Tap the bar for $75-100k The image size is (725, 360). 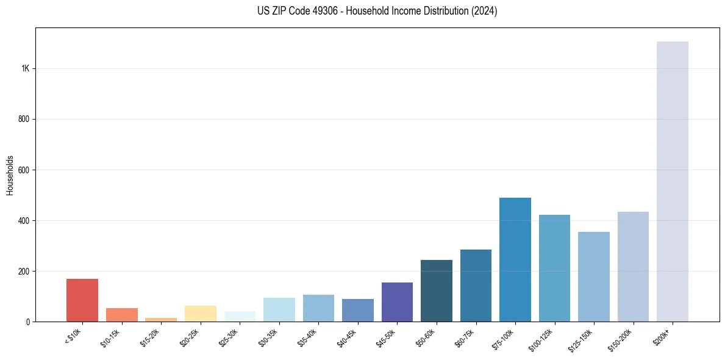515,259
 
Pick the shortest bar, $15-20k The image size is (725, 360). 161,319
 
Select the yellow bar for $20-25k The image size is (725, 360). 200,314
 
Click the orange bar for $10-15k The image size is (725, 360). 121,315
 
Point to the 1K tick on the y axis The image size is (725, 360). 26,68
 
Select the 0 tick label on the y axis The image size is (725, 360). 27,322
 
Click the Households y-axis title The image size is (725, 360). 10,175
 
